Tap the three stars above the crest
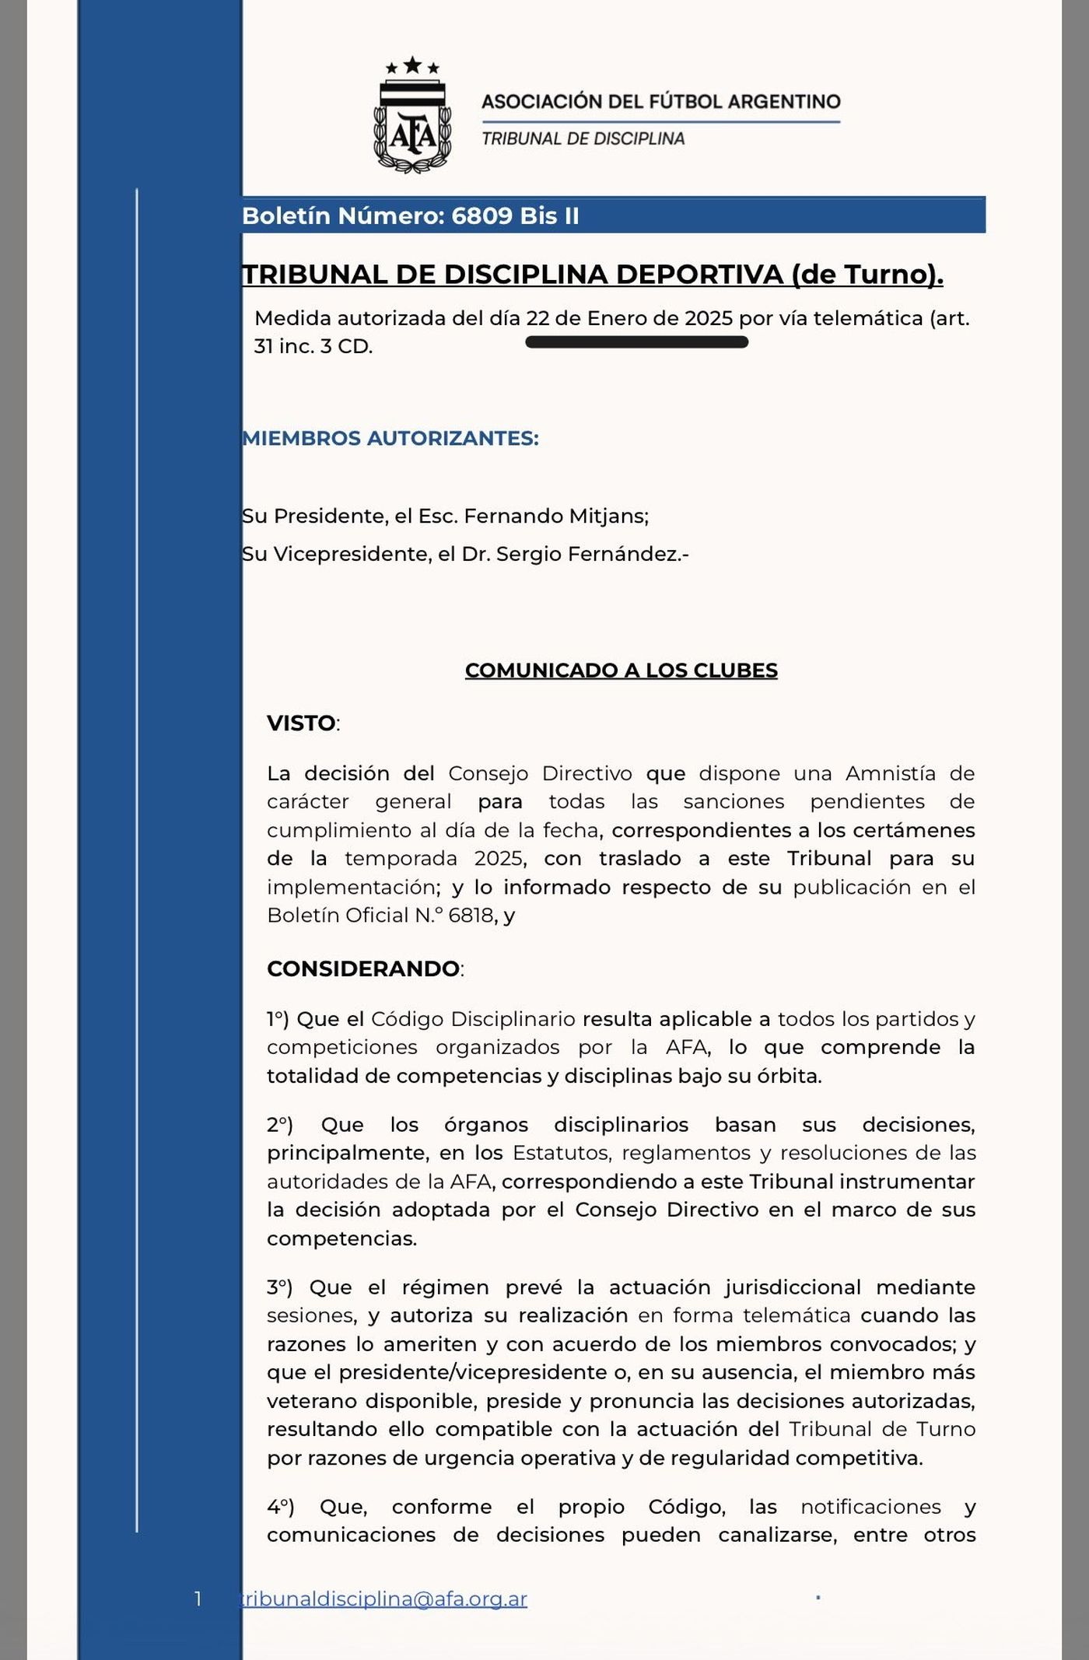coord(412,66)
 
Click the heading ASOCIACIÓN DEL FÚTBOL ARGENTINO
coord(660,101)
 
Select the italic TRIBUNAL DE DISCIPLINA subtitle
coord(583,138)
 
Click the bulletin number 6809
coord(482,215)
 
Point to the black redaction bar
coord(636,342)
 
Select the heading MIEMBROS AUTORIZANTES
coord(390,438)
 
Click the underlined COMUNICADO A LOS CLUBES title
coord(621,671)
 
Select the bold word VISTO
coord(301,723)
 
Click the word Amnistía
coord(891,773)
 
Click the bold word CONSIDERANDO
coord(362,968)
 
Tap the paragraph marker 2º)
coord(280,1125)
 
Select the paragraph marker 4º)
coord(280,1507)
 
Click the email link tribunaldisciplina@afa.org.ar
coord(383,1599)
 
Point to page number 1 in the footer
coord(198,1599)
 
